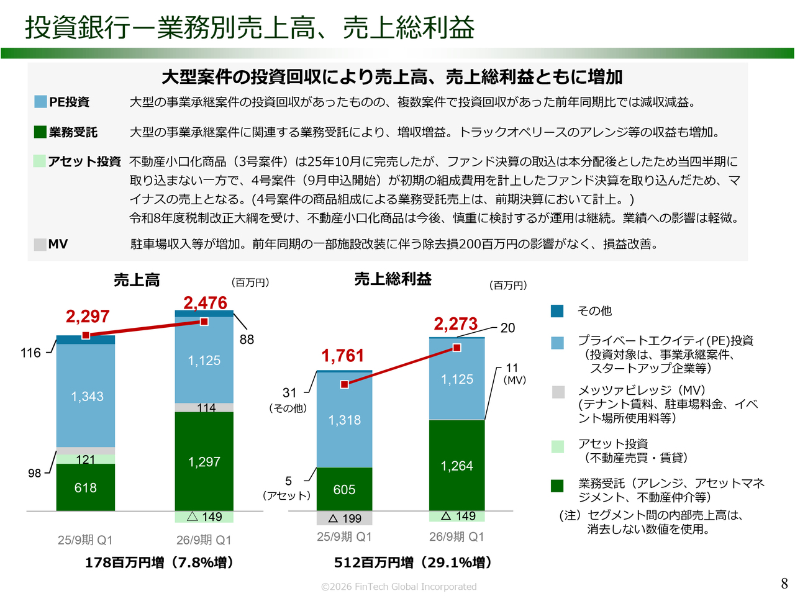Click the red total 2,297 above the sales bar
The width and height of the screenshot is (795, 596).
click(x=88, y=317)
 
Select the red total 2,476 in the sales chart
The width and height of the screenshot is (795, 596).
click(x=205, y=303)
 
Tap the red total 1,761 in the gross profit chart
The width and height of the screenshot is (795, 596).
click(x=342, y=356)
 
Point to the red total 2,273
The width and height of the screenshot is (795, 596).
click(x=455, y=324)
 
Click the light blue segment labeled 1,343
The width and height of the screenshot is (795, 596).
click(x=86, y=396)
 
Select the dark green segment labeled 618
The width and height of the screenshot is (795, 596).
click(x=86, y=488)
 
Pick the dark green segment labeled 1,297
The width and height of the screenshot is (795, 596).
click(x=204, y=462)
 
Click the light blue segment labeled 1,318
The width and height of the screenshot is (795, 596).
click(x=345, y=420)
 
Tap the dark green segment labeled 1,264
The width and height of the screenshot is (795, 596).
click(x=457, y=466)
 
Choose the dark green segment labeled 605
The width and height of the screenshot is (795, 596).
click(x=344, y=490)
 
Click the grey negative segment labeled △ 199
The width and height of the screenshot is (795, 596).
click(x=344, y=518)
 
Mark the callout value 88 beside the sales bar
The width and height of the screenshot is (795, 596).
click(x=247, y=340)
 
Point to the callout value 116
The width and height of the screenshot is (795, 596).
click(x=30, y=353)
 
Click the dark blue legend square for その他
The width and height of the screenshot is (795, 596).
click(x=557, y=311)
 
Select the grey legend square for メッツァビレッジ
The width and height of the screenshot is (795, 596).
click(x=558, y=392)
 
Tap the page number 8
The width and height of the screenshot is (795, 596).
click(x=784, y=584)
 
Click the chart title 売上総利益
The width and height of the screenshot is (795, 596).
click(x=393, y=279)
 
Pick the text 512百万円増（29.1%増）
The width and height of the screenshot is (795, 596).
click(x=413, y=562)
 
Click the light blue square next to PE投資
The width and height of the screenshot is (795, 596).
click(x=40, y=102)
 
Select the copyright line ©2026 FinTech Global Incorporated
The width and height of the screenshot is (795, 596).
click(x=399, y=587)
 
